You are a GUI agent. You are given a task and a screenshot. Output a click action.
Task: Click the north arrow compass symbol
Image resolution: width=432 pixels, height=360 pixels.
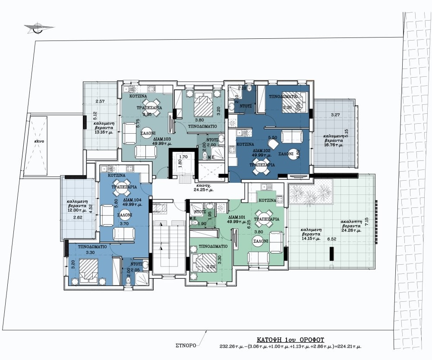coord(39,28)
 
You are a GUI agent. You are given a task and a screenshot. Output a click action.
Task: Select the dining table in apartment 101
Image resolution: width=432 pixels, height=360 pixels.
coord(264,218)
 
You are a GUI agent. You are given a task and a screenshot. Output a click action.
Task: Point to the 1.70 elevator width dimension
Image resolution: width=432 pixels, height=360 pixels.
coord(183,157)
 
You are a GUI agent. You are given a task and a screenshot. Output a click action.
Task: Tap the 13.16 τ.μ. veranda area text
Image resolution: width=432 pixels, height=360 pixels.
coord(101,132)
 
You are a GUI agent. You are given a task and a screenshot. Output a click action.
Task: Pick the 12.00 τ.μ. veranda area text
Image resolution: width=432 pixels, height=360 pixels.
coord(78,210)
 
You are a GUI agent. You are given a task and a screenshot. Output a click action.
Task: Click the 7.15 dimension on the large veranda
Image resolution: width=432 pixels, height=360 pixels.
coord(367,222)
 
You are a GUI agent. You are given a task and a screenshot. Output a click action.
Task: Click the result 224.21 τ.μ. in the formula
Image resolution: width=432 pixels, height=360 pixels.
coord(350,346)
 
